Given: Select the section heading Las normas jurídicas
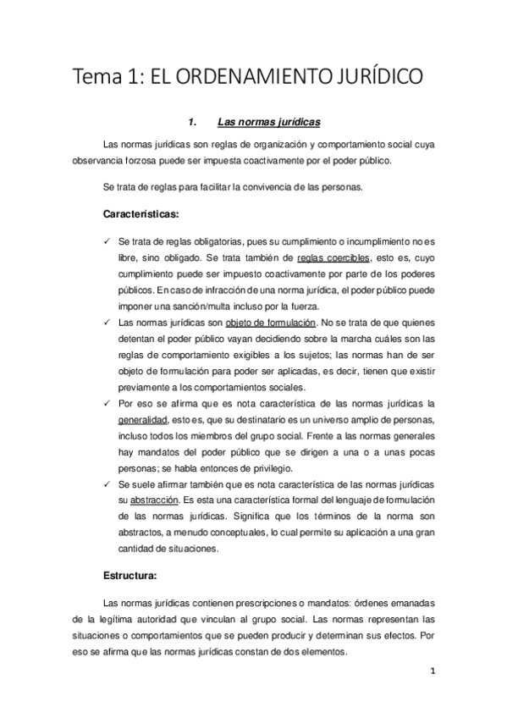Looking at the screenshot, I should tap(268, 120).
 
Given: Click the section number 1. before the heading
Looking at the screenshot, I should tap(194, 120).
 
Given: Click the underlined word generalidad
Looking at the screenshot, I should tap(142, 420).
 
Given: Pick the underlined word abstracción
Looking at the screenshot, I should tap(153, 500).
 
